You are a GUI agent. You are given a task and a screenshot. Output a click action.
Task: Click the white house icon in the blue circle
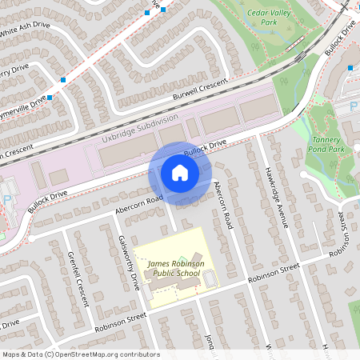click(179, 173)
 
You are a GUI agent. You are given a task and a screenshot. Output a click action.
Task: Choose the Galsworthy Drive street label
click(128, 262)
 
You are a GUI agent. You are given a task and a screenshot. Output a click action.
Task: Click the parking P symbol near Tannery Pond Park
click(354, 103)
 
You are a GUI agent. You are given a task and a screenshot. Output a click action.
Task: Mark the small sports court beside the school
click(210, 279)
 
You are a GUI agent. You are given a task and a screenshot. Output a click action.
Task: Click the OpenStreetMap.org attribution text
click(103, 354)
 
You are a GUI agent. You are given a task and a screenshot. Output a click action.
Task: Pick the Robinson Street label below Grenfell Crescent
click(120, 322)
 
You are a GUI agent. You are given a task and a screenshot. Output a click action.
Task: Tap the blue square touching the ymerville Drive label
click(50, 98)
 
